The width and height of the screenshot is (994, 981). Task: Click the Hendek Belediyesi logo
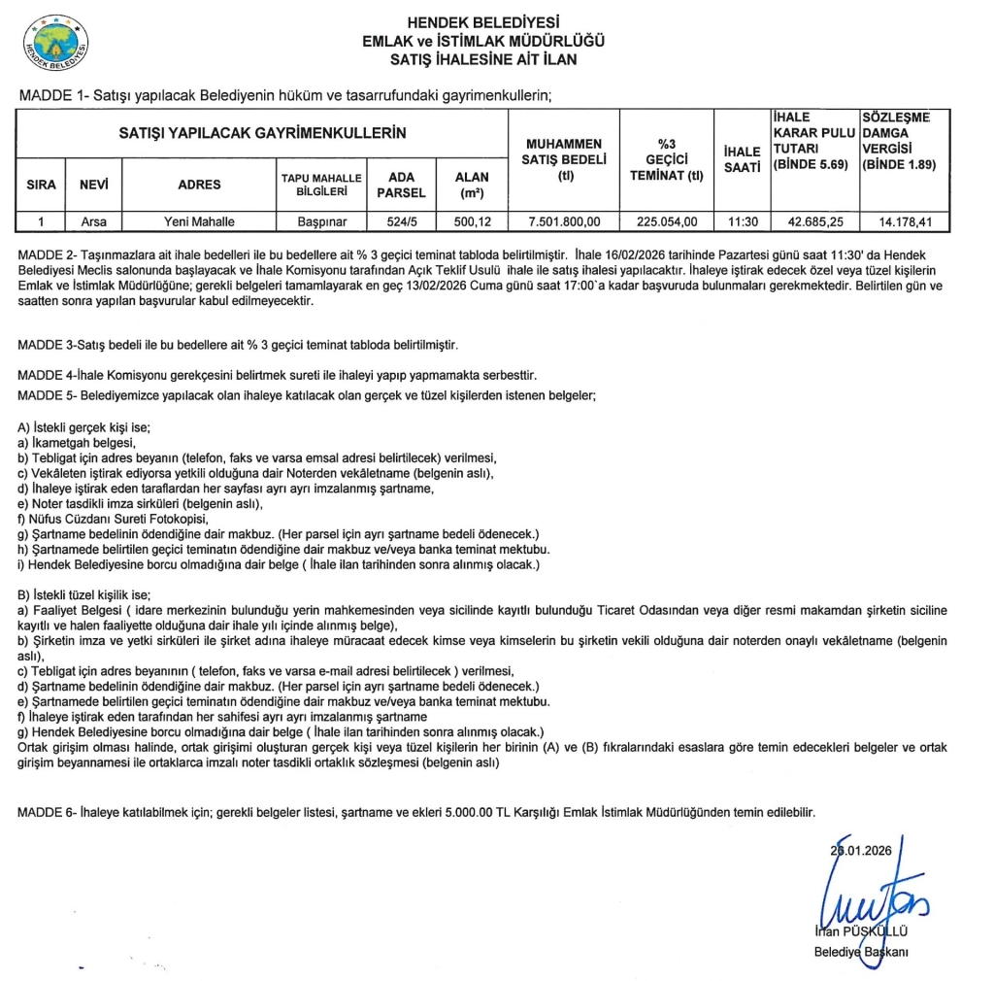click(x=57, y=46)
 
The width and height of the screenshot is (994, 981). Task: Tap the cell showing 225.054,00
click(x=666, y=221)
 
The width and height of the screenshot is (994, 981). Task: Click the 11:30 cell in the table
click(x=742, y=221)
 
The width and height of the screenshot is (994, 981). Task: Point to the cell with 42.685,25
click(x=813, y=221)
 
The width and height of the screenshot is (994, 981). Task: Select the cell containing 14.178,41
click(x=905, y=221)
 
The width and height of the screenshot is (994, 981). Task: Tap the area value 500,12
click(x=472, y=221)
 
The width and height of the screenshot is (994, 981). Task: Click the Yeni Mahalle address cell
click(x=200, y=221)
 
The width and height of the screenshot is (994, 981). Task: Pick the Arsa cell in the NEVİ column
click(x=94, y=221)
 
